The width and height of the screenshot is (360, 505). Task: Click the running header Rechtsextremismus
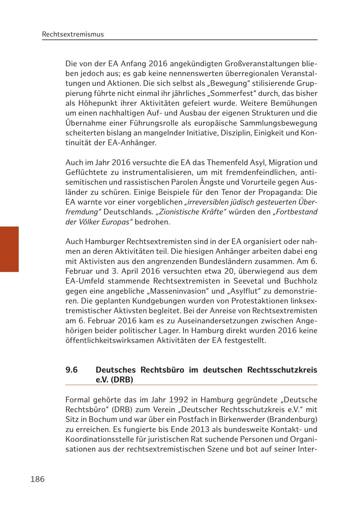(73, 34)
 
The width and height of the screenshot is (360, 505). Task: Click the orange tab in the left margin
(9, 249)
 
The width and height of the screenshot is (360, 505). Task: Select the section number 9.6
(72, 370)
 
